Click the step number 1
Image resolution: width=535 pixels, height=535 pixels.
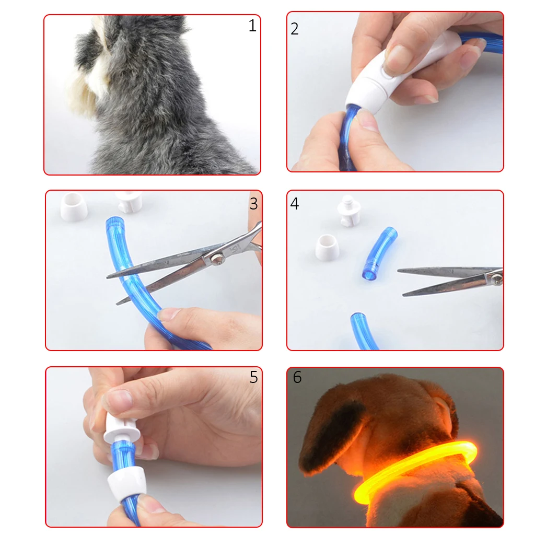pos(252,26)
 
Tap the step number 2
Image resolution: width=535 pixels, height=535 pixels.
pos(295,29)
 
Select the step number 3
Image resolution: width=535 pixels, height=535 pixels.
pos(253,204)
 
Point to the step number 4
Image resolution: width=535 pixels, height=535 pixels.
pos(295,203)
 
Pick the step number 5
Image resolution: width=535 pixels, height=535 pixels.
pos(253,377)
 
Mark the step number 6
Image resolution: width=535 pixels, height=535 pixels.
pos(297,377)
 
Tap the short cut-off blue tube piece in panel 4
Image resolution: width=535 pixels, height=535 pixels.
pos(379,254)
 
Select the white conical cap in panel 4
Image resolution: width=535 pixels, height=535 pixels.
pos(327,248)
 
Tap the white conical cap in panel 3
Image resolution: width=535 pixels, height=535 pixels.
pos(73,206)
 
